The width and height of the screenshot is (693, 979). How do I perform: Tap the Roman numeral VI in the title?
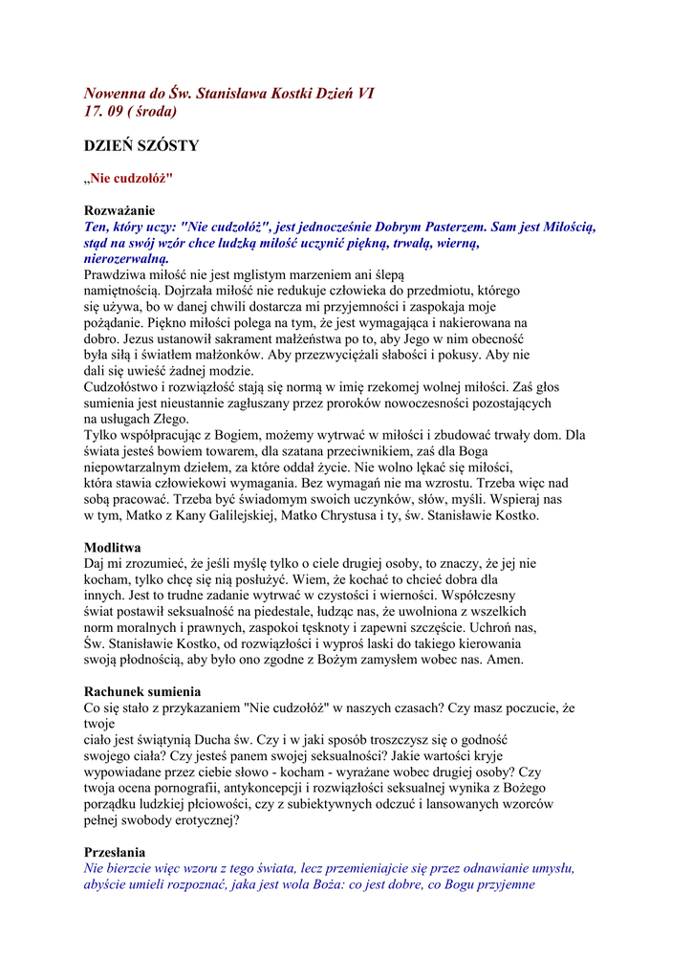364,94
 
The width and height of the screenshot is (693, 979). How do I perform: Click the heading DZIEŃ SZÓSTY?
141,146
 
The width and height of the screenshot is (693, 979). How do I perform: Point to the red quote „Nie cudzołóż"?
128,178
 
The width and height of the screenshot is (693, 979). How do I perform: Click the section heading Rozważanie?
119,210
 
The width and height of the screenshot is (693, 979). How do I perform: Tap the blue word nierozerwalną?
126,258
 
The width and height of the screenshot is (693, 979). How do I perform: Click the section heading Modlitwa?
113,548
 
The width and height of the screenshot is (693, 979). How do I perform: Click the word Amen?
503,660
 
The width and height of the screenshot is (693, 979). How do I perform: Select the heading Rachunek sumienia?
143,692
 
